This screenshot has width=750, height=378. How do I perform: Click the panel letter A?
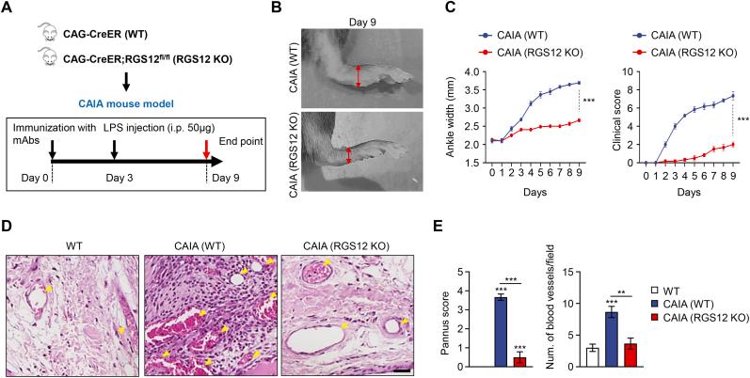pyautogui.click(x=8, y=8)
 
